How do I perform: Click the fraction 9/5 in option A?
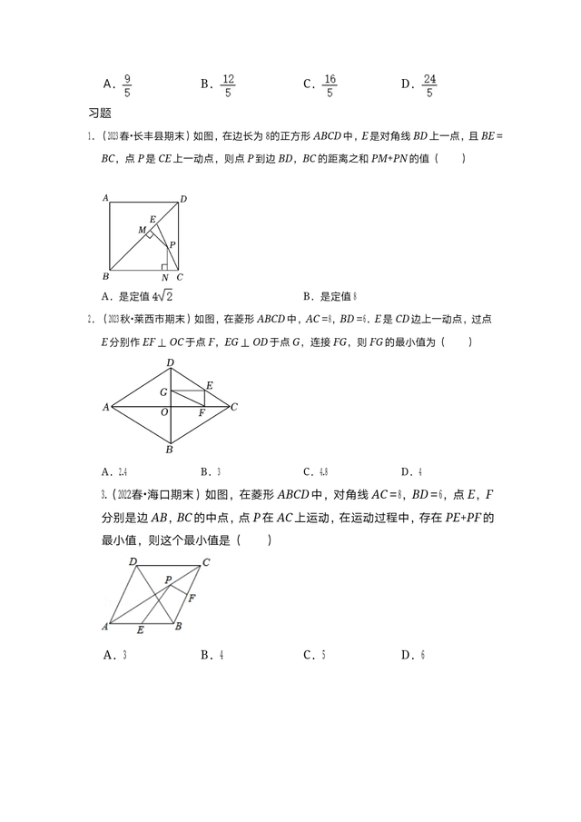[x=127, y=85]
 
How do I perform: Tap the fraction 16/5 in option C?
[x=330, y=85]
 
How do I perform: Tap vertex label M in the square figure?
[x=142, y=231]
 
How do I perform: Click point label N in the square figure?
[x=164, y=277]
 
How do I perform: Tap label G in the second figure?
[x=163, y=391]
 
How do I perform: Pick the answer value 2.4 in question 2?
[x=122, y=472]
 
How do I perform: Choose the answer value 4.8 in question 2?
[x=324, y=472]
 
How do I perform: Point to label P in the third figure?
[x=168, y=579]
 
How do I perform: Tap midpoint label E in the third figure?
[x=139, y=629]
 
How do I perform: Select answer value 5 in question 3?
[x=324, y=655]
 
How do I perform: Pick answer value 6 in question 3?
[x=423, y=655]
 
